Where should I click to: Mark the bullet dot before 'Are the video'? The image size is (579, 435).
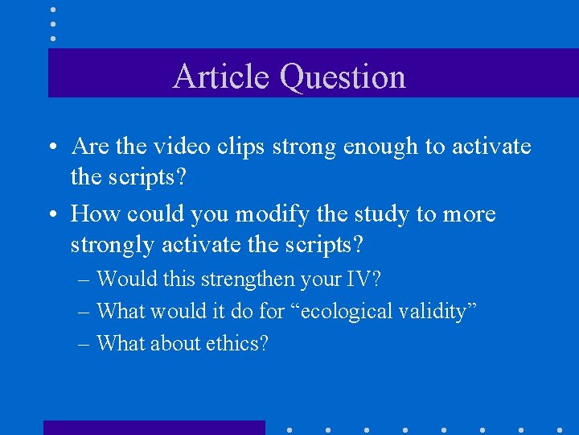click(51, 147)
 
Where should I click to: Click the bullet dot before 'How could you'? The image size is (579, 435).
click(51, 215)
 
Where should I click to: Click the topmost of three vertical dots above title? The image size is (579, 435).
click(53, 10)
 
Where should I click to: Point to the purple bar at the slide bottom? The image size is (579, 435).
click(154, 427)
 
